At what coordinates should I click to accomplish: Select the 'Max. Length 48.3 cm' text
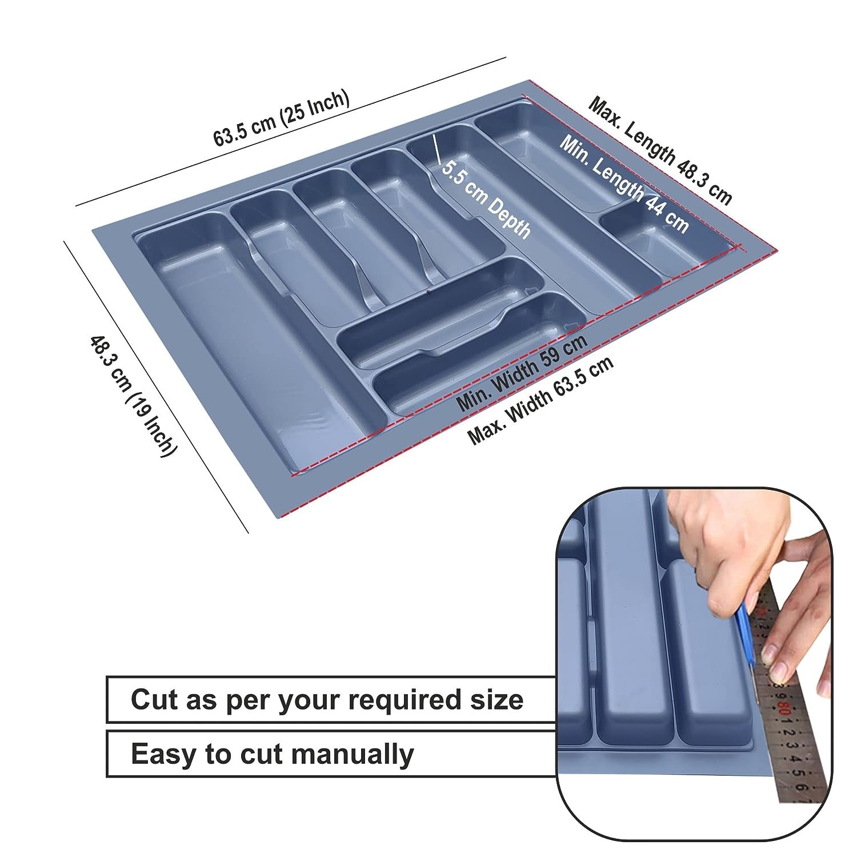660,150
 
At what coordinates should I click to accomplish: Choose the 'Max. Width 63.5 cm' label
540,401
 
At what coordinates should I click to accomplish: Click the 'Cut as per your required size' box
330,700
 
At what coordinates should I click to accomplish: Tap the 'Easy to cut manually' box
330,754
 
